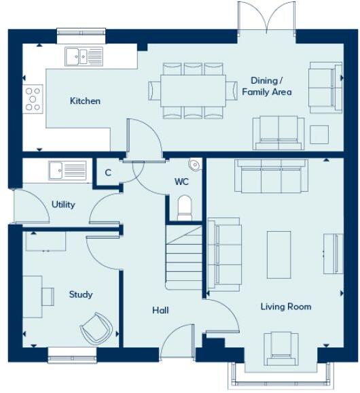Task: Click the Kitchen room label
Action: tap(85, 101)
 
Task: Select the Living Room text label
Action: tap(286, 307)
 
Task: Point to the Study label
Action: tap(81, 294)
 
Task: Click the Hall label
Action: tap(160, 311)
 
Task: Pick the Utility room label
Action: tap(63, 205)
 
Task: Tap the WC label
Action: tap(181, 182)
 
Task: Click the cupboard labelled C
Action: tap(108, 173)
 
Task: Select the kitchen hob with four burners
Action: tap(33, 99)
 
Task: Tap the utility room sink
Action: tap(67, 169)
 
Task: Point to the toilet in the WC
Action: tap(185, 207)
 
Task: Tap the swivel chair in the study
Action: tap(94, 328)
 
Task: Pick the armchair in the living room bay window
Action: tap(281, 345)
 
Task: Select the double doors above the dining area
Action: tap(267, 17)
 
